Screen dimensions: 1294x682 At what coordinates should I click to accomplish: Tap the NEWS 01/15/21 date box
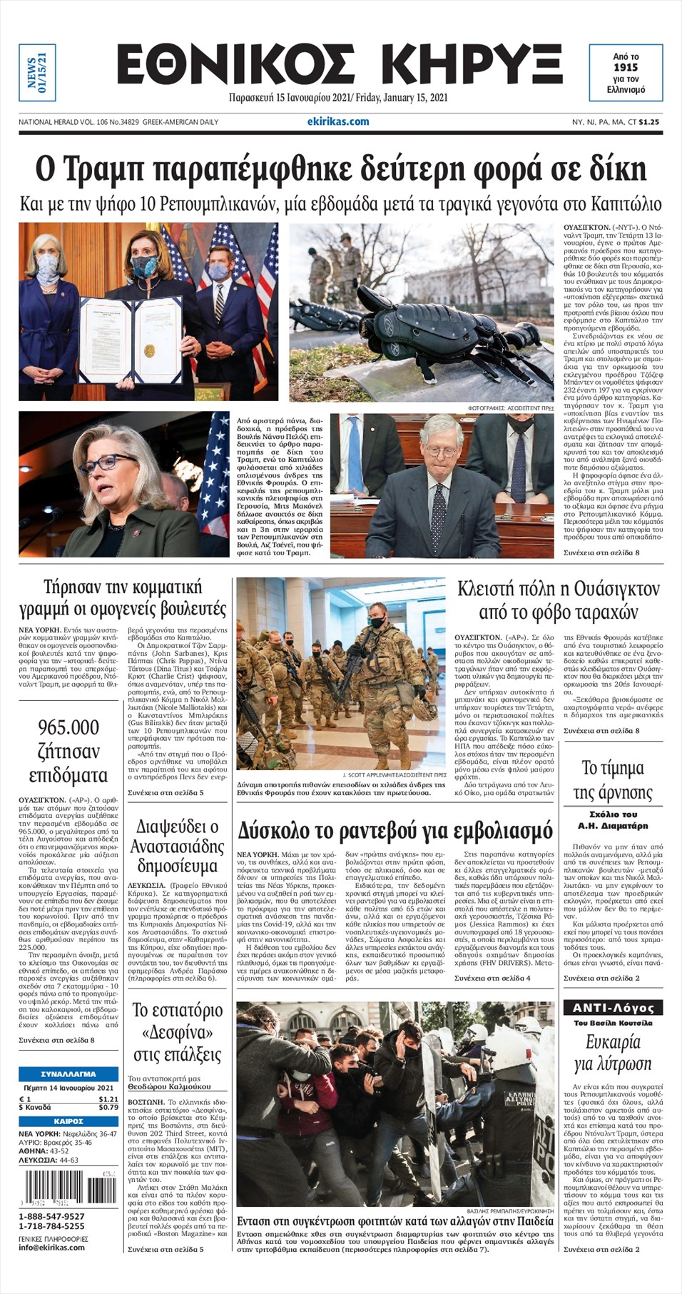coord(37,72)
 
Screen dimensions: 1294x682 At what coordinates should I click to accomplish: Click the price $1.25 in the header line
coord(649,122)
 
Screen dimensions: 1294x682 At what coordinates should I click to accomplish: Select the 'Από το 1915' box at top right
coord(626,73)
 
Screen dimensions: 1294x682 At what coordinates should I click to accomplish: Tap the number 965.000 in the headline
coord(68,727)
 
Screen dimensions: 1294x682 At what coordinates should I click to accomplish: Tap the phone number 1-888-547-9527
coord(51,1216)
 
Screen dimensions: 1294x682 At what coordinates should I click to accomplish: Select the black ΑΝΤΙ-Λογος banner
coord(613,1008)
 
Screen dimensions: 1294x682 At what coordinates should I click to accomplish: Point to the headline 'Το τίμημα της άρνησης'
coord(613,780)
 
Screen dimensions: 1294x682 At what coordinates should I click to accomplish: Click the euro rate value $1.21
coord(108,1099)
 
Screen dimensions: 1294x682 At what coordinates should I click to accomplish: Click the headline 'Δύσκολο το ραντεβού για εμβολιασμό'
coord(395,831)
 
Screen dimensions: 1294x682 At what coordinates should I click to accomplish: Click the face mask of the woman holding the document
coord(144,267)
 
